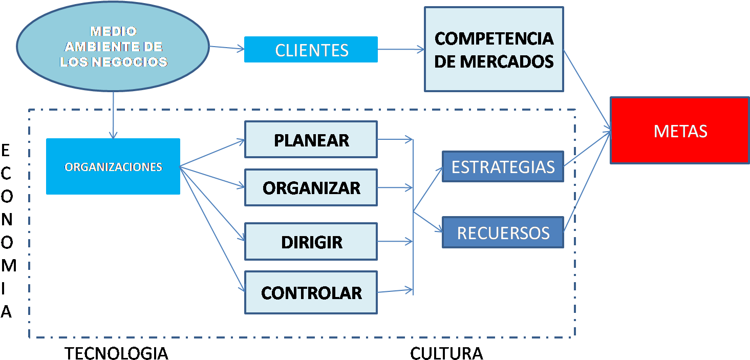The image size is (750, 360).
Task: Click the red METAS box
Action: tap(680, 131)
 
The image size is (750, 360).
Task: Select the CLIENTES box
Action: tap(311, 50)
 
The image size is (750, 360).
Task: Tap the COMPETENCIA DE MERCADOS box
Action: tap(494, 49)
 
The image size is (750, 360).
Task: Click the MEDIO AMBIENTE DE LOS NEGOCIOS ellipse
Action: tap(113, 47)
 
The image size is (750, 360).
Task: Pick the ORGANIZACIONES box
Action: tap(113, 166)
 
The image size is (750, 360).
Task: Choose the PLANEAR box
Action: tap(311, 139)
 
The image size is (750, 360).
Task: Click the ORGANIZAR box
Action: tap(311, 187)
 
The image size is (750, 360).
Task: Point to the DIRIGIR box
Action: tap(311, 241)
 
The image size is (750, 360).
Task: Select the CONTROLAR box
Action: tap(311, 292)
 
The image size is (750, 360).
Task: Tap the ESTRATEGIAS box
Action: tap(502, 166)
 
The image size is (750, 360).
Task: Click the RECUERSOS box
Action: tap(502, 232)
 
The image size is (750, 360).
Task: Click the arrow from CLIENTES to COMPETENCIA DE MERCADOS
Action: tap(401, 50)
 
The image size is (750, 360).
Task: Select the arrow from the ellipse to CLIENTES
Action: tap(227, 48)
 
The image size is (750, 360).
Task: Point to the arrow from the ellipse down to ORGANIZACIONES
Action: tap(114, 115)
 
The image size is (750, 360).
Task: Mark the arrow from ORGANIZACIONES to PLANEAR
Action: tap(212, 153)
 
